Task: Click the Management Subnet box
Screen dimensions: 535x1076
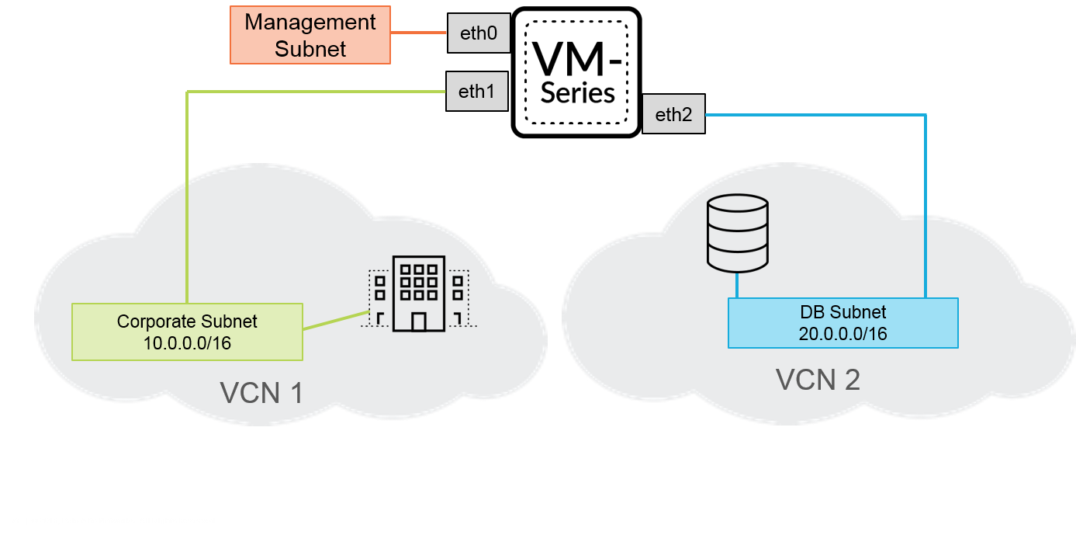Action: tap(310, 35)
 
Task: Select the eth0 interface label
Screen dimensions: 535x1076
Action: tap(479, 33)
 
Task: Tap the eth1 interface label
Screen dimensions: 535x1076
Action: tap(477, 92)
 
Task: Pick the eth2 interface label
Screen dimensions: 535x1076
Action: tap(673, 115)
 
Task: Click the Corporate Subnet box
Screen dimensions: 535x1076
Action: tap(186, 332)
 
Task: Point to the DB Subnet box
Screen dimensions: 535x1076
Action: tap(842, 323)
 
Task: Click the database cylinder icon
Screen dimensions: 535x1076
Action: tap(738, 232)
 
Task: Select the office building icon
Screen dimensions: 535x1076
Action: tap(419, 293)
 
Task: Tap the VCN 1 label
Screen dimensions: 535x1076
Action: tap(261, 393)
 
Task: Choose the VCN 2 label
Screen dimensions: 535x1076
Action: tap(818, 380)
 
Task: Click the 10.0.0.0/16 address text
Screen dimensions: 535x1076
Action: tap(187, 342)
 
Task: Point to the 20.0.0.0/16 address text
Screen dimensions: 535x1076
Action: tap(842, 334)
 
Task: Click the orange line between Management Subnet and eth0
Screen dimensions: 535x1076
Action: tap(419, 33)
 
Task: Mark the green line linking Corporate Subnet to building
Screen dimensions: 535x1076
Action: tap(334, 321)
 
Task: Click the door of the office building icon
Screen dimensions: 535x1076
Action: tap(419, 321)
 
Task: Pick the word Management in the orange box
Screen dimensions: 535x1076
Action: tap(310, 22)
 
